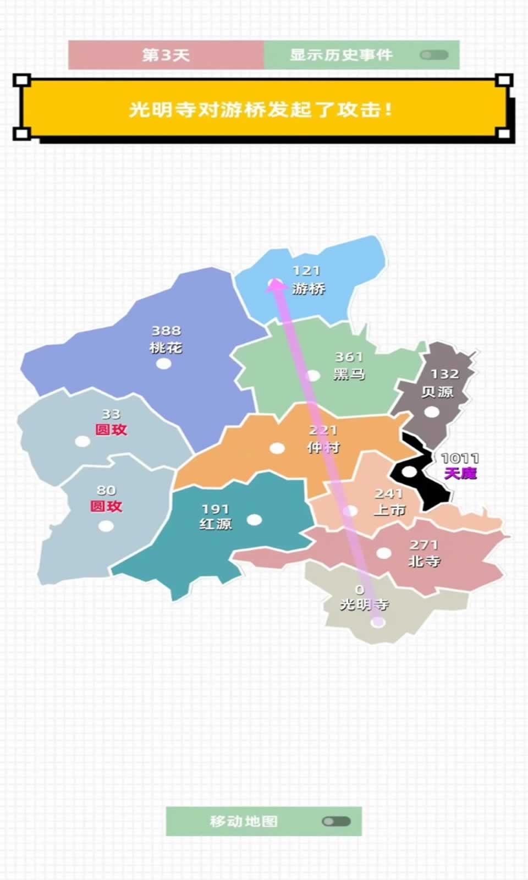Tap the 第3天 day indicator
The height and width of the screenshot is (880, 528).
(x=166, y=55)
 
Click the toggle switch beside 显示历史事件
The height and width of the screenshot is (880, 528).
(x=434, y=55)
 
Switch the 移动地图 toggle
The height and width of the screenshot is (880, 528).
(x=336, y=821)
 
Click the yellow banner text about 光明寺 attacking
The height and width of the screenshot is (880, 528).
(x=261, y=109)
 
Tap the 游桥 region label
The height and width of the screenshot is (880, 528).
(x=309, y=288)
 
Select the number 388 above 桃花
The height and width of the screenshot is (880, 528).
(x=166, y=331)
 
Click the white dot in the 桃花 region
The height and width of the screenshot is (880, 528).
(x=163, y=364)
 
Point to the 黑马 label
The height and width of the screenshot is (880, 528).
(x=349, y=374)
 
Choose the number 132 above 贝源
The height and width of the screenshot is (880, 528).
(x=444, y=374)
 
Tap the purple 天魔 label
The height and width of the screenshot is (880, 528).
(x=460, y=473)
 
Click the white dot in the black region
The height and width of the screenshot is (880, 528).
(x=410, y=472)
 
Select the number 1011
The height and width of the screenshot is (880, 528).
(x=460, y=458)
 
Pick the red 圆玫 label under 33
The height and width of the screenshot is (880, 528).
(x=111, y=430)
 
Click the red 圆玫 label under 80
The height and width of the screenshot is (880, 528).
(x=106, y=506)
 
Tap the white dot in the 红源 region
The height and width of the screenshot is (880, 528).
(x=254, y=519)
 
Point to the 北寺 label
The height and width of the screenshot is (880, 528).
(x=424, y=561)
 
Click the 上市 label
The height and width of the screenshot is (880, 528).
(x=389, y=510)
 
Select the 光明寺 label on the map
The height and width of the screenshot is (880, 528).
(x=364, y=604)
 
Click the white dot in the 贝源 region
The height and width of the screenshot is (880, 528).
(x=432, y=412)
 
